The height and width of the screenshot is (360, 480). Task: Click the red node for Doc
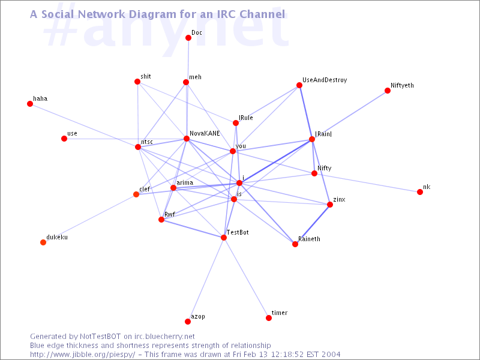[188, 38]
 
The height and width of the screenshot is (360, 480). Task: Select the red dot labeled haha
[30, 104]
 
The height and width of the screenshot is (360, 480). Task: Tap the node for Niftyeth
[388, 91]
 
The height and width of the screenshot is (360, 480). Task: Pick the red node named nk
[420, 192]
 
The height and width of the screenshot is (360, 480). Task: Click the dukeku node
[43, 242]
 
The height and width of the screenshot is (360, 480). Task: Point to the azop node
[188, 322]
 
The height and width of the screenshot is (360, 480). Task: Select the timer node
[269, 318]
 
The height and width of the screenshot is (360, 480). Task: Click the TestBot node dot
[224, 238]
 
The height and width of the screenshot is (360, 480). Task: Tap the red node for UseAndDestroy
[299, 85]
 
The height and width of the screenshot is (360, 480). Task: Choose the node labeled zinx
[329, 205]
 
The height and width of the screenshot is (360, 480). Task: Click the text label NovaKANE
[205, 133]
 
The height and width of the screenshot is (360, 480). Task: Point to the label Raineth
[309, 239]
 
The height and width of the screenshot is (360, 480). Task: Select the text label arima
[185, 183]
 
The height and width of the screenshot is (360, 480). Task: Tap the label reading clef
[145, 189]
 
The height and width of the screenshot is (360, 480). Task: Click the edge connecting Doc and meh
[187, 60]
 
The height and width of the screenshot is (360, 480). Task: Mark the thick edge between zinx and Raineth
[312, 224]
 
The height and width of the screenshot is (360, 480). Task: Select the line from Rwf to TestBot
[193, 229]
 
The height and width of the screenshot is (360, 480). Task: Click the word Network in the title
[101, 14]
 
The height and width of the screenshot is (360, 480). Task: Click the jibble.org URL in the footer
[83, 355]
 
